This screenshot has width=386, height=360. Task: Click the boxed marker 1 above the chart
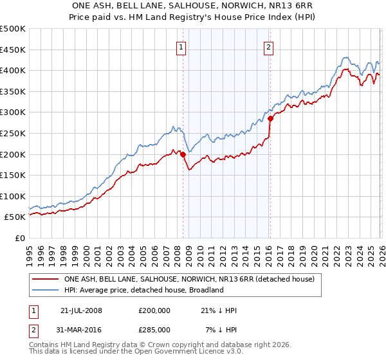click(x=181, y=46)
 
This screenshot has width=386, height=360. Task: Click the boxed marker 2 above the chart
click(x=268, y=46)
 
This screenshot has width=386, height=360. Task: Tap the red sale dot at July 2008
click(x=183, y=154)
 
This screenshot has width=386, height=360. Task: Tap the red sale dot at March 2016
click(x=271, y=118)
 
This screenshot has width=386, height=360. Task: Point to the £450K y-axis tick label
click(x=13, y=50)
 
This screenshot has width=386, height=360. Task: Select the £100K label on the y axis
click(x=13, y=196)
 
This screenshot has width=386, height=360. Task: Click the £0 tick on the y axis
click(x=20, y=238)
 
